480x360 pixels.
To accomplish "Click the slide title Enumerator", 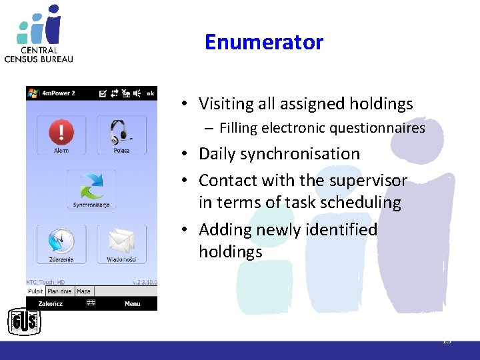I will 263,42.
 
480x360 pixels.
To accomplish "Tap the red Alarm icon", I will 61,131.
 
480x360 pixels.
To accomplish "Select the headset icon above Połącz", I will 121,131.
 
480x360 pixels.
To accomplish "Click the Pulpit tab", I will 35,291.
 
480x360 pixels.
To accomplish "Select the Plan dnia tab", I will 59,291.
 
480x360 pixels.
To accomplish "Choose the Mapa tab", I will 83,291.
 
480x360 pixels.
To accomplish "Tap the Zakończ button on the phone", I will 51,303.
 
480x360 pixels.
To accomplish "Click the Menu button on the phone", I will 132,303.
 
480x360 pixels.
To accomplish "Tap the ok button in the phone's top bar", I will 151,93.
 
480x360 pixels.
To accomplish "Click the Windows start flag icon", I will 33,93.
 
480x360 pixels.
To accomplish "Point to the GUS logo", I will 24,323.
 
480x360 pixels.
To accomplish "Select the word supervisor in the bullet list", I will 369,181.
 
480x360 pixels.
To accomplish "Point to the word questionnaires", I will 377,127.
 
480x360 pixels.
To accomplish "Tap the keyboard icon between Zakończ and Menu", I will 91,303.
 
